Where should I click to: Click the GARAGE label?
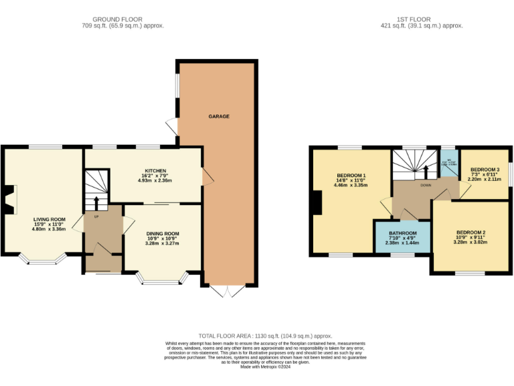click(x=218, y=116)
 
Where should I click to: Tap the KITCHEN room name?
click(x=155, y=171)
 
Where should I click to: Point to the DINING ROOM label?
click(x=163, y=234)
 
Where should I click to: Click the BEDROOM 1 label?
click(x=351, y=174)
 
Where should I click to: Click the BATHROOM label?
click(x=403, y=233)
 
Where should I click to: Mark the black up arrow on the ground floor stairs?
click(x=95, y=202)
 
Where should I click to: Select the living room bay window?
click(x=41, y=258)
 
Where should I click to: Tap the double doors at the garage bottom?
click(x=229, y=291)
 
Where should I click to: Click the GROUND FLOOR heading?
click(x=118, y=19)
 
